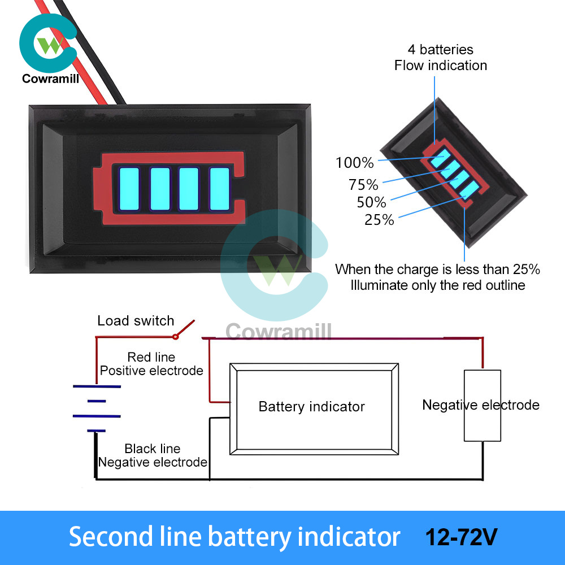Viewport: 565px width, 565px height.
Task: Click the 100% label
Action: (355, 163)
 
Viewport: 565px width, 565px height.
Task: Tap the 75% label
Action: (363, 184)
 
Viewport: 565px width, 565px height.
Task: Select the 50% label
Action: (371, 202)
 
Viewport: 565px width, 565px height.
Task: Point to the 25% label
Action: (379, 220)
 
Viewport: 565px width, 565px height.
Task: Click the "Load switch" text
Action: (136, 321)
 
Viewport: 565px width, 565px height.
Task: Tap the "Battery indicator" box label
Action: (311, 407)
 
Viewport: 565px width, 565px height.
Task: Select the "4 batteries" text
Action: (441, 50)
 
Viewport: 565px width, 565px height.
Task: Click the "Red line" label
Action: (151, 357)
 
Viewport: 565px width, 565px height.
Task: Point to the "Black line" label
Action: (153, 449)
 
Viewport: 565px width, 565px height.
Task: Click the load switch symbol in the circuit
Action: (184, 330)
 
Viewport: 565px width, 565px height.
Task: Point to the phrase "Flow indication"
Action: (441, 66)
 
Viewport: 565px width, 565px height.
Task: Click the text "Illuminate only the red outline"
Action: (438, 285)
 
